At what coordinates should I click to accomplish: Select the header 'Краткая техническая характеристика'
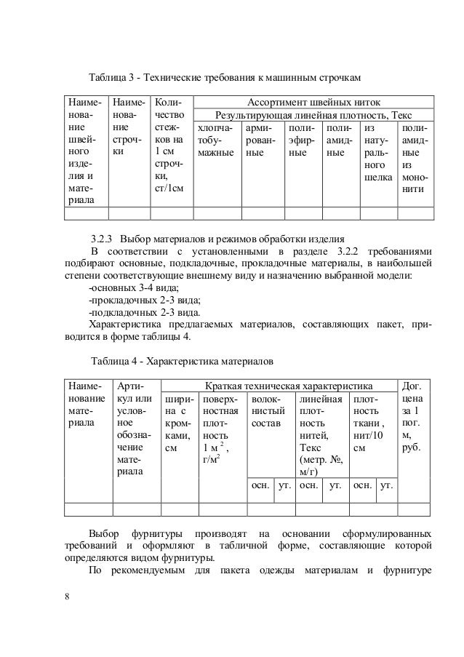point(279,385)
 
